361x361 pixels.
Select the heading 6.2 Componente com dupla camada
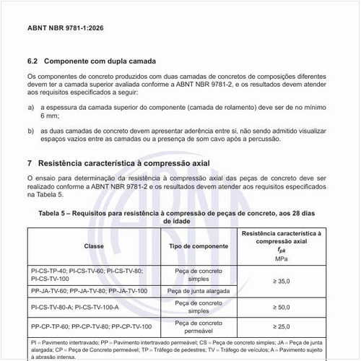pos(92,61)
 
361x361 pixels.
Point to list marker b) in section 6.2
pos(30,131)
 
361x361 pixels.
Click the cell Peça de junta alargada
pos(199,290)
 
